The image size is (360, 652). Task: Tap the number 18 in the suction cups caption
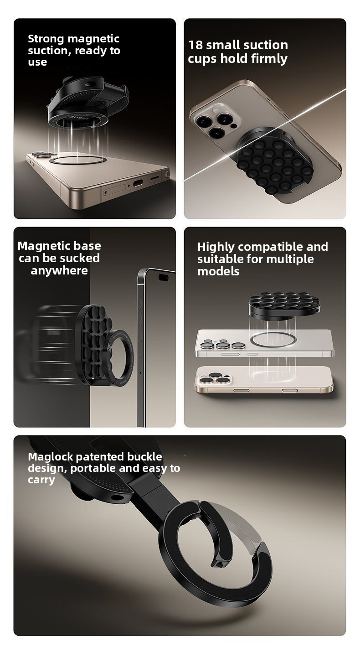coord(195,45)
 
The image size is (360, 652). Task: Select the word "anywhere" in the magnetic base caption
coord(59,271)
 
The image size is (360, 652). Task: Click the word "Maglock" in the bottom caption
coord(50,457)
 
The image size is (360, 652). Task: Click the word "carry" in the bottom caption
coord(41,480)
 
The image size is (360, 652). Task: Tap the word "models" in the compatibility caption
coord(218,272)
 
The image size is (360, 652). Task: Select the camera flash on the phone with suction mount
coord(234,126)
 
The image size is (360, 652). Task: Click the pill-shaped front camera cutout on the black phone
coord(163,277)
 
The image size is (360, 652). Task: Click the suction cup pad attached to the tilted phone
coord(274,161)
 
